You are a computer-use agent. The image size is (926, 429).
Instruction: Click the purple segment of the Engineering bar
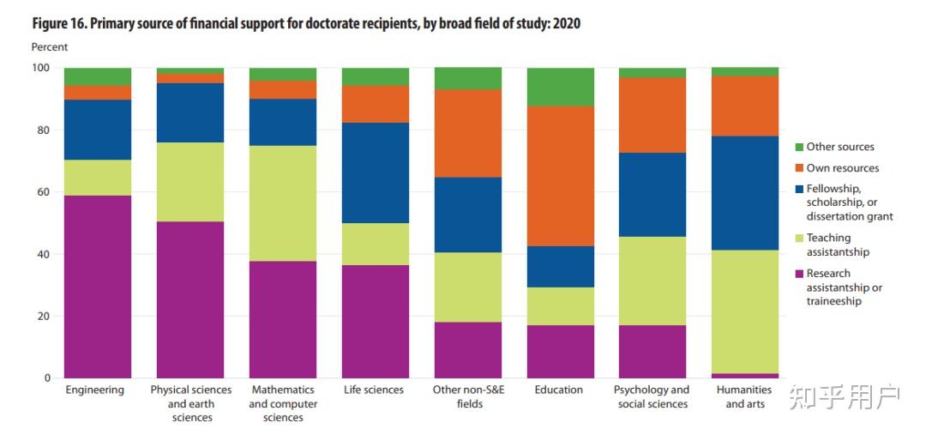tap(98, 287)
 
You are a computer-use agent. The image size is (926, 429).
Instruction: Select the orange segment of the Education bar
tap(561, 176)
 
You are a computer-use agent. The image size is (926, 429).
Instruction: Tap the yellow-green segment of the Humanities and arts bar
tap(745, 311)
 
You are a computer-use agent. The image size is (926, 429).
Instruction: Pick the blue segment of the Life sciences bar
tap(376, 172)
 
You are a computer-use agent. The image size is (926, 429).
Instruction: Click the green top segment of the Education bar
tap(561, 87)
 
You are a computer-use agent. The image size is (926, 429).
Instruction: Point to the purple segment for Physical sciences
tap(190, 299)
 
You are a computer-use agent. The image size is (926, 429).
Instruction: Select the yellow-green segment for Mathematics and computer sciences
tap(283, 203)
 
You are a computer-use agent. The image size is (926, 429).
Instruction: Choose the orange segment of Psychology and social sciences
tap(652, 115)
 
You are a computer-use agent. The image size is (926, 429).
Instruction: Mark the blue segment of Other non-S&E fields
tap(468, 214)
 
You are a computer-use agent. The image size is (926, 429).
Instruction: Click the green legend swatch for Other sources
tap(800, 147)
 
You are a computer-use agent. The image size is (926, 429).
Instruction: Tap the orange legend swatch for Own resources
tap(800, 168)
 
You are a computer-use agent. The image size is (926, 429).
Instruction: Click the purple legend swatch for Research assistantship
tap(800, 274)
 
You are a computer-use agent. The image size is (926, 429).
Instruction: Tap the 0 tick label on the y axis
tap(48, 378)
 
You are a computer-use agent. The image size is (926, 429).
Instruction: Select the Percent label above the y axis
tap(50, 47)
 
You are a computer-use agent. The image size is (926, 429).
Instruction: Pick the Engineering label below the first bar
tap(95, 390)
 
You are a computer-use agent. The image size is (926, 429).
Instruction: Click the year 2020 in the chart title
tap(567, 24)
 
